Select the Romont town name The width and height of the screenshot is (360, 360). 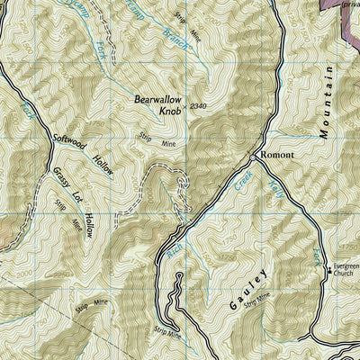tap(276, 155)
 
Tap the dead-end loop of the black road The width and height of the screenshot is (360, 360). tap(179, 274)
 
